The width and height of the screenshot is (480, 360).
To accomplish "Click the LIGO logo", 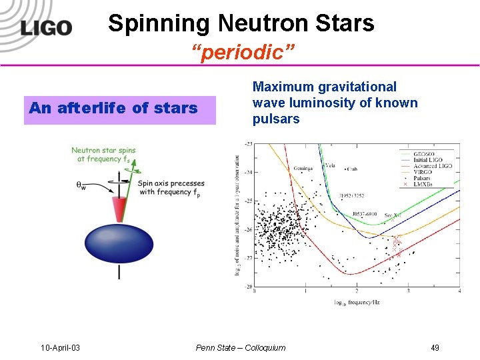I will tap(45, 28).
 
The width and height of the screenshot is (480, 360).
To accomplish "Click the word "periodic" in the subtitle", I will tap(239, 52).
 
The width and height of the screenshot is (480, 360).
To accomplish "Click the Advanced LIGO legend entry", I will tap(432, 165).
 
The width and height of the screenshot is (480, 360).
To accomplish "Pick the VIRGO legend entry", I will tap(423, 172).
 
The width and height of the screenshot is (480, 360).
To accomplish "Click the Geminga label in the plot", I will tap(303, 169).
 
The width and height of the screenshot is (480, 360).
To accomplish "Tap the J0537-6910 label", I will tap(366, 215).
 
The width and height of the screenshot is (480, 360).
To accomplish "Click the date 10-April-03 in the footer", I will tap(60, 347).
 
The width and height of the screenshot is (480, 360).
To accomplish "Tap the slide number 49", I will tap(435, 347).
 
